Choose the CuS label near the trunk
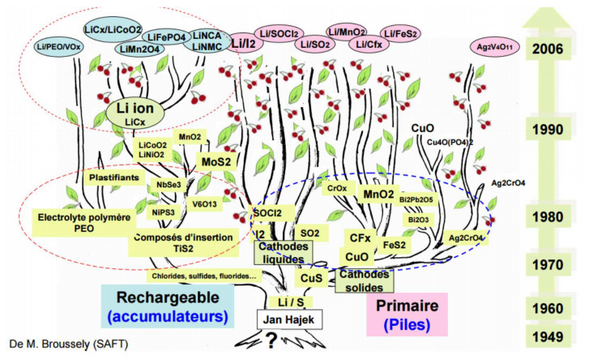pos(311,278)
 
